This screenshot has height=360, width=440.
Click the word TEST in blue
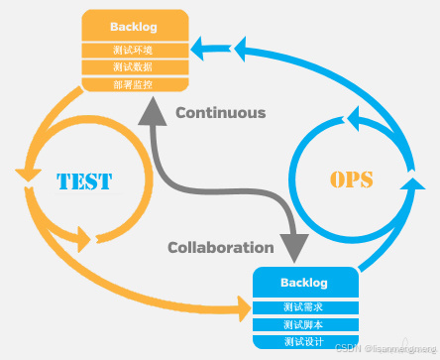coord(83,181)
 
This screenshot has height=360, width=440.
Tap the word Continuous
coord(220,112)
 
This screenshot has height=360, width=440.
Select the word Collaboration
coord(220,247)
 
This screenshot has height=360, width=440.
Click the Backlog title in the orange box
coord(134,26)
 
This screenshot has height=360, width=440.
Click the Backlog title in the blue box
coord(303,282)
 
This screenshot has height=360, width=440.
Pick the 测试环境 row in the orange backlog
coord(134,49)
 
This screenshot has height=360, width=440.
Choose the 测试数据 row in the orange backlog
coord(134,66)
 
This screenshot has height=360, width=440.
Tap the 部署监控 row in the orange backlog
coord(134,84)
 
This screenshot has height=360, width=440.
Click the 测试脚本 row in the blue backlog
coord(303,323)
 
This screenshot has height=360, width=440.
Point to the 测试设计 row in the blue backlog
coord(303,341)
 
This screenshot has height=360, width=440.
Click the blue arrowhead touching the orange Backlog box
coord(202,45)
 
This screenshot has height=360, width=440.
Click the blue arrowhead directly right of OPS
coord(408,184)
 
